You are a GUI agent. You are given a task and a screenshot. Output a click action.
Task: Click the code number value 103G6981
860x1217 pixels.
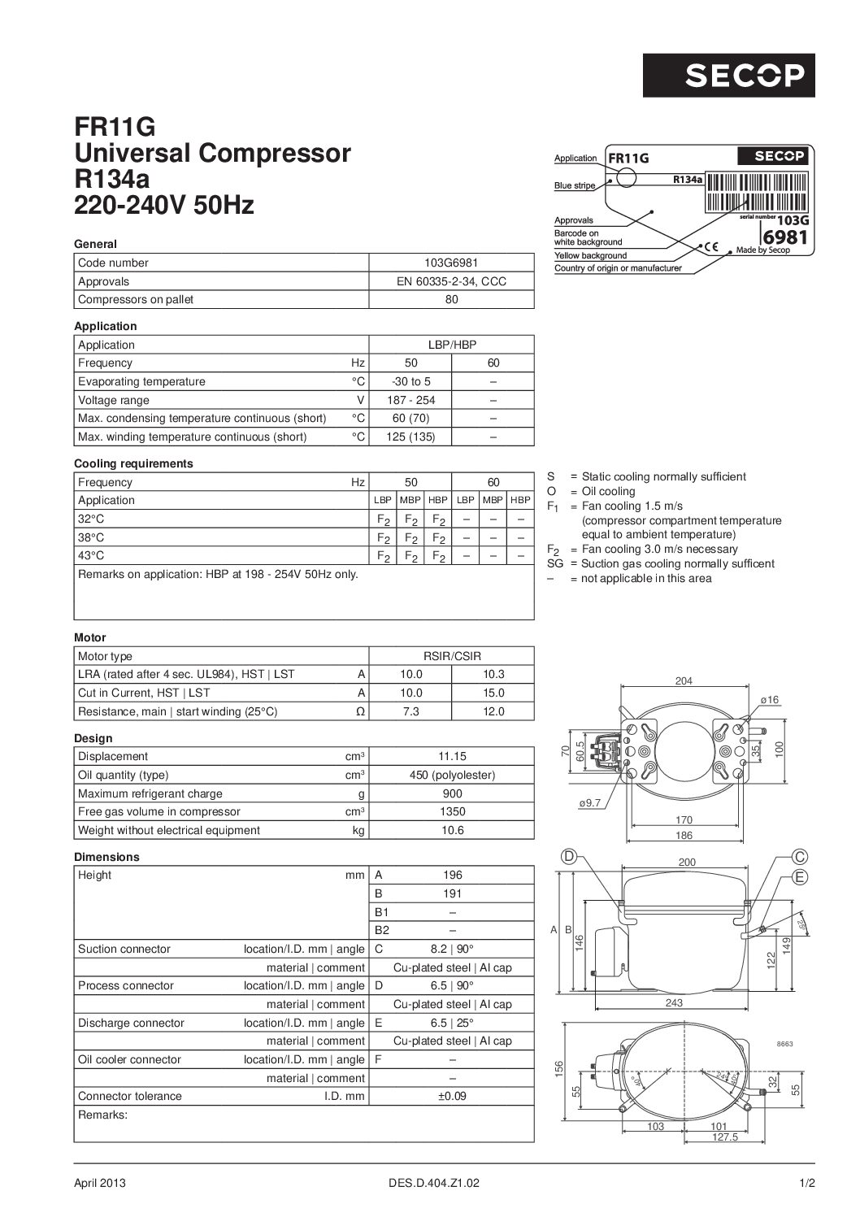click(452, 263)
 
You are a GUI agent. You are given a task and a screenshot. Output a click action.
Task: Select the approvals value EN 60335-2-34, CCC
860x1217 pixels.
click(452, 281)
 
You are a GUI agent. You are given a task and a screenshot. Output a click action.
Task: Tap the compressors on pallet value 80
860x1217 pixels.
click(452, 299)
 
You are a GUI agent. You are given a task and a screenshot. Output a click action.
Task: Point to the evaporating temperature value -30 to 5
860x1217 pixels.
click(410, 381)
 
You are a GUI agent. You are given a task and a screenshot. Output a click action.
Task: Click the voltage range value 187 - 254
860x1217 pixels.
click(410, 400)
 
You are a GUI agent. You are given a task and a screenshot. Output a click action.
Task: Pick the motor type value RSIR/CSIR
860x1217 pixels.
click(452, 656)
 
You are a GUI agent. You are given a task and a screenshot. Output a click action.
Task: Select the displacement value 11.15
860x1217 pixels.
click(452, 756)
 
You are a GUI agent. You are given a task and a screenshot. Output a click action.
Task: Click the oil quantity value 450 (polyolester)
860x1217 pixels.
click(452, 775)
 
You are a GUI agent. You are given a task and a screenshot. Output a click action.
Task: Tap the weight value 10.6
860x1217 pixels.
click(452, 830)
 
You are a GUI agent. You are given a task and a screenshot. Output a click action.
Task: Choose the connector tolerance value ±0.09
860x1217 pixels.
click(452, 1096)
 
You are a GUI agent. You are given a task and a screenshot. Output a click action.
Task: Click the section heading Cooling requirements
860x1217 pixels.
click(133, 463)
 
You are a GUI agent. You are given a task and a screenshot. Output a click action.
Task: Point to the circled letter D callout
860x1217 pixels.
click(569, 856)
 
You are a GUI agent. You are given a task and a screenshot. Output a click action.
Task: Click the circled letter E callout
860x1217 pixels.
click(801, 877)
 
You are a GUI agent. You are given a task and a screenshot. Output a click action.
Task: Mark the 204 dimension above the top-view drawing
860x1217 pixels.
click(684, 681)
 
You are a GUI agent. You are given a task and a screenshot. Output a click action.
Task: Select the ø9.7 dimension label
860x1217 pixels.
click(589, 803)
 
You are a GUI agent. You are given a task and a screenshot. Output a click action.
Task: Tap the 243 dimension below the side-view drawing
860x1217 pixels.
click(674, 1003)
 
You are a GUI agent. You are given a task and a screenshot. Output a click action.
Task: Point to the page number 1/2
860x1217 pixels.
click(806, 1184)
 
